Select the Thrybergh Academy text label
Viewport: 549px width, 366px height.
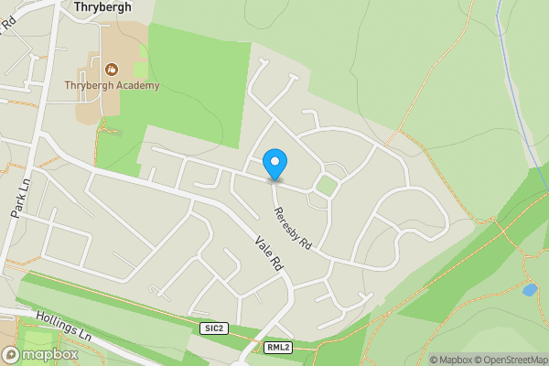[x=112, y=86]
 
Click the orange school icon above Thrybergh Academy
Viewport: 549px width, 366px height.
[x=112, y=69]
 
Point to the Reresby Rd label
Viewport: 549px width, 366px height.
[x=294, y=228]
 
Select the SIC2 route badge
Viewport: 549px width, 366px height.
[x=212, y=328]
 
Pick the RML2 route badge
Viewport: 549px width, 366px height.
[x=278, y=348]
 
